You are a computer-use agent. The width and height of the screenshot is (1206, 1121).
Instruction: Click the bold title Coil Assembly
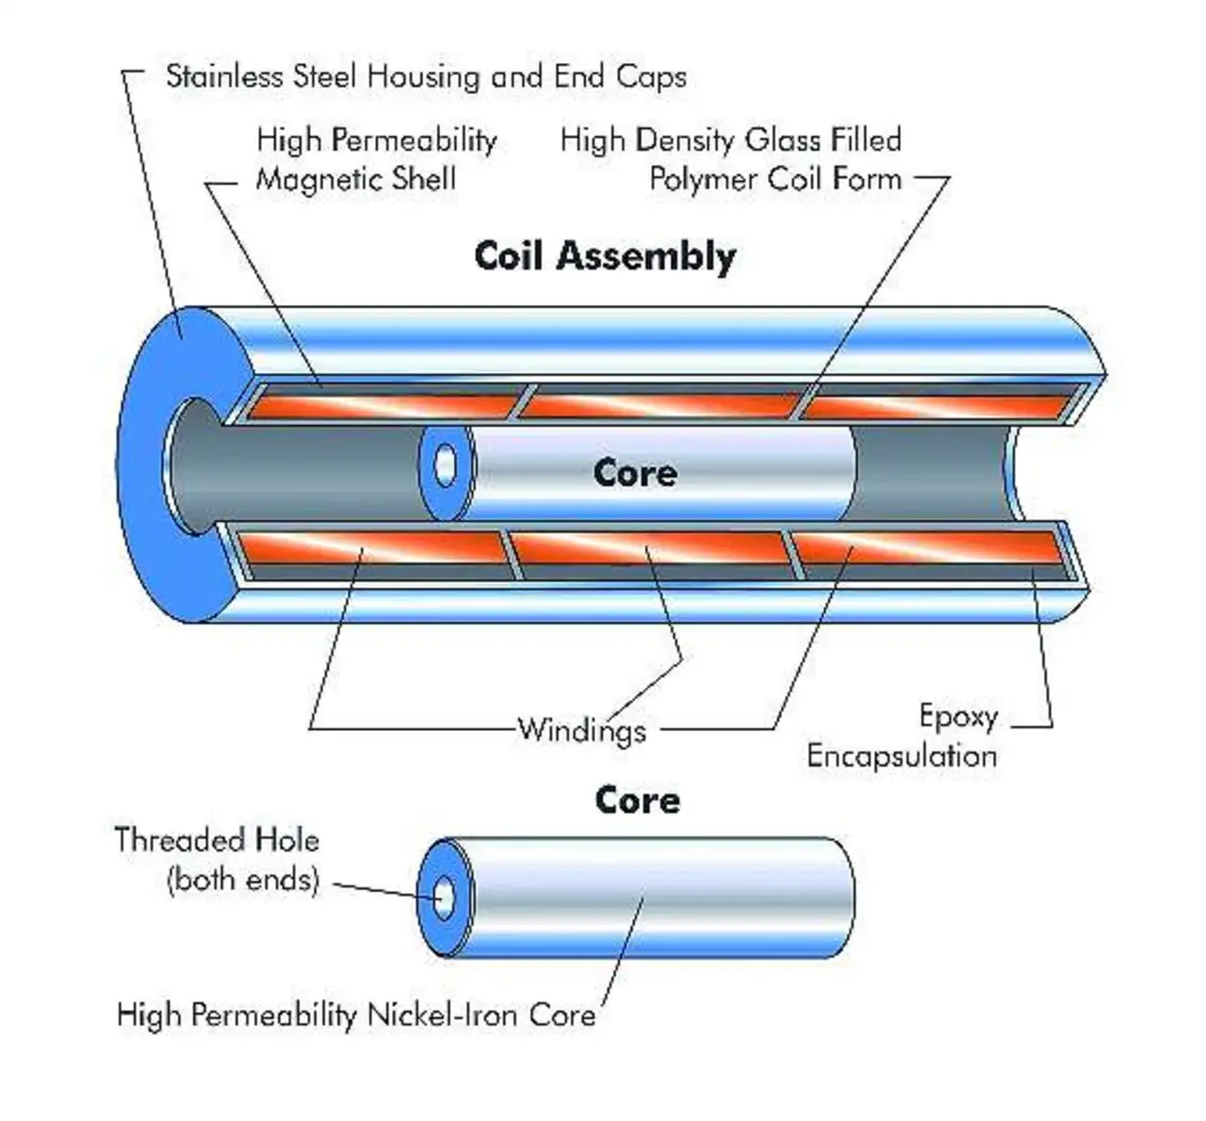(606, 256)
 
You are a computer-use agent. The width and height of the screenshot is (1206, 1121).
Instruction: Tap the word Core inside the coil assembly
(635, 473)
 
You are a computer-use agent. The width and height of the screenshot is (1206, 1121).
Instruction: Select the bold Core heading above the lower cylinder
(638, 800)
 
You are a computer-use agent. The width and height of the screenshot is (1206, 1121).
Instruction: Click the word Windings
(581, 730)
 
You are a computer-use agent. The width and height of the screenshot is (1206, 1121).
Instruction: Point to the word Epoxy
(958, 718)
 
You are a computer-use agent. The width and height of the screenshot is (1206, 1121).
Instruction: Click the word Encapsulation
(902, 756)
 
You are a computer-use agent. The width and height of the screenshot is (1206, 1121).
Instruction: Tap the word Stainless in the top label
(224, 76)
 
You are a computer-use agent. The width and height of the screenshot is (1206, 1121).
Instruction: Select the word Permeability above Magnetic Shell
(415, 141)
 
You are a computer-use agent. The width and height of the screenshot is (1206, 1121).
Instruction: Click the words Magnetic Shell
(356, 180)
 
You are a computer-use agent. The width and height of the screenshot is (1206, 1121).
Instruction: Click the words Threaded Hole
(217, 840)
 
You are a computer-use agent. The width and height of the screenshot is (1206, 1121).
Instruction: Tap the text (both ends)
(243, 879)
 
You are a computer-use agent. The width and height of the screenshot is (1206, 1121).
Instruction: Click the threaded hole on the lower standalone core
(444, 898)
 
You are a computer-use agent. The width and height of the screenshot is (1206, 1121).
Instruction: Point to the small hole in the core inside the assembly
(445, 465)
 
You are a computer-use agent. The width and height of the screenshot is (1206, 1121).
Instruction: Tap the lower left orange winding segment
(371, 547)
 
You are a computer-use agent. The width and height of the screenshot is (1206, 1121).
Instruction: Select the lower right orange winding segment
(929, 547)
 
